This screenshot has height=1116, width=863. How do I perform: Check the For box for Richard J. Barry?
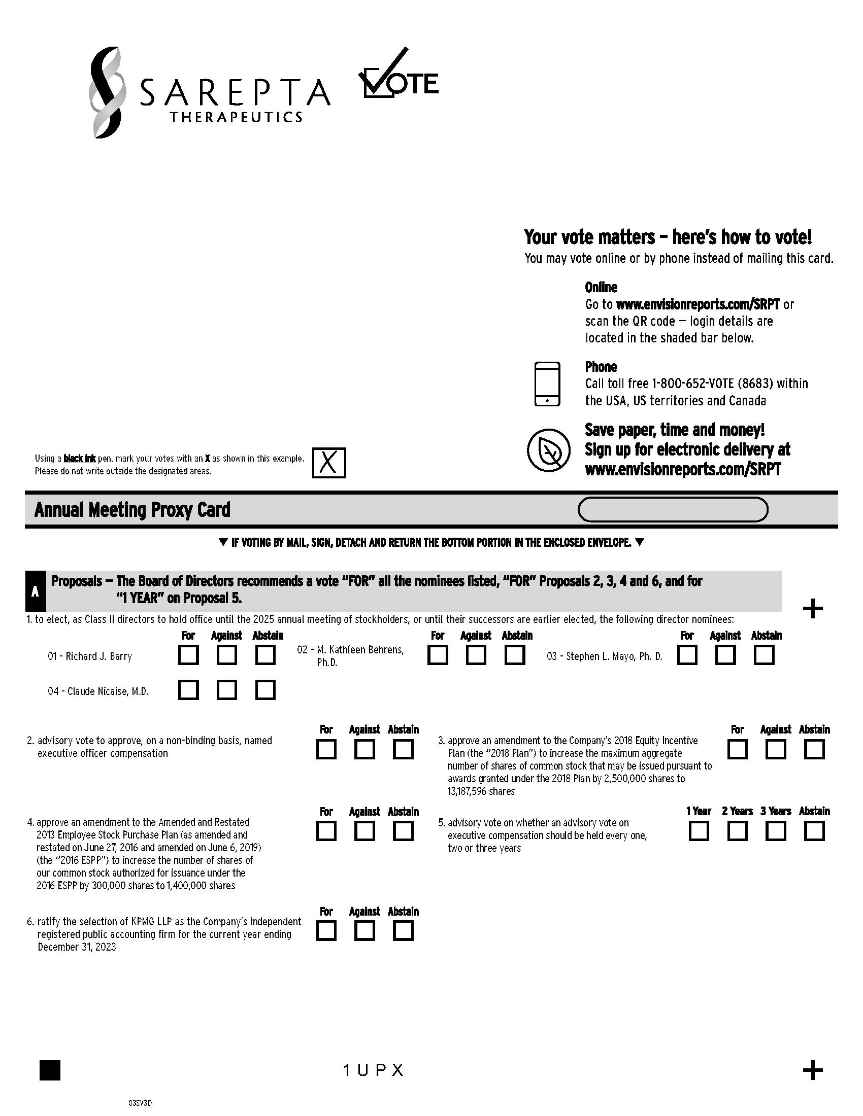[x=188, y=655]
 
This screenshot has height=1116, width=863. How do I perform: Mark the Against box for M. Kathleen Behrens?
[x=476, y=655]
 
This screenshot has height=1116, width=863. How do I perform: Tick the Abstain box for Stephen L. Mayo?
[x=764, y=655]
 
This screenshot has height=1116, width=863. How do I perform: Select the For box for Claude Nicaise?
[x=188, y=690]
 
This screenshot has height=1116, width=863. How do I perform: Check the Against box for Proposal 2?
[x=364, y=750]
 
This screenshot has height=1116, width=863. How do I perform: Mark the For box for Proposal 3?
[x=737, y=750]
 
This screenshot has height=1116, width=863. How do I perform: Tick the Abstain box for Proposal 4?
[x=403, y=831]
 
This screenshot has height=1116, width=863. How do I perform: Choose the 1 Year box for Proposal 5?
[x=699, y=831]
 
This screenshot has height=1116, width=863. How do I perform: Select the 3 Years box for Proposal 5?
[x=776, y=831]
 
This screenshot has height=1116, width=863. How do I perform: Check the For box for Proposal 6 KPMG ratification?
[x=326, y=931]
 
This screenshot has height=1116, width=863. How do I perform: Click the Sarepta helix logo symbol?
[x=107, y=92]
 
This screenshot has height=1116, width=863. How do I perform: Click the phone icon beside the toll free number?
[x=547, y=384]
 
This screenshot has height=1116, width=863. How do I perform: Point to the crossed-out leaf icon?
[x=549, y=450]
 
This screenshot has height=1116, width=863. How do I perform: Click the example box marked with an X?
[x=329, y=463]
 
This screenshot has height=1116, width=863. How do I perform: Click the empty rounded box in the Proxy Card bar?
[x=673, y=509]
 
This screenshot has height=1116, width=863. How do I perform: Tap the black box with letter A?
[x=35, y=591]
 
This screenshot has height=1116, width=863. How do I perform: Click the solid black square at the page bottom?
[x=50, y=1070]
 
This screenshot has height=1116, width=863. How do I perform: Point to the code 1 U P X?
[x=374, y=1070]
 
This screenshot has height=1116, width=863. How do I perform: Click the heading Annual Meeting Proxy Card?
[x=132, y=510]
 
